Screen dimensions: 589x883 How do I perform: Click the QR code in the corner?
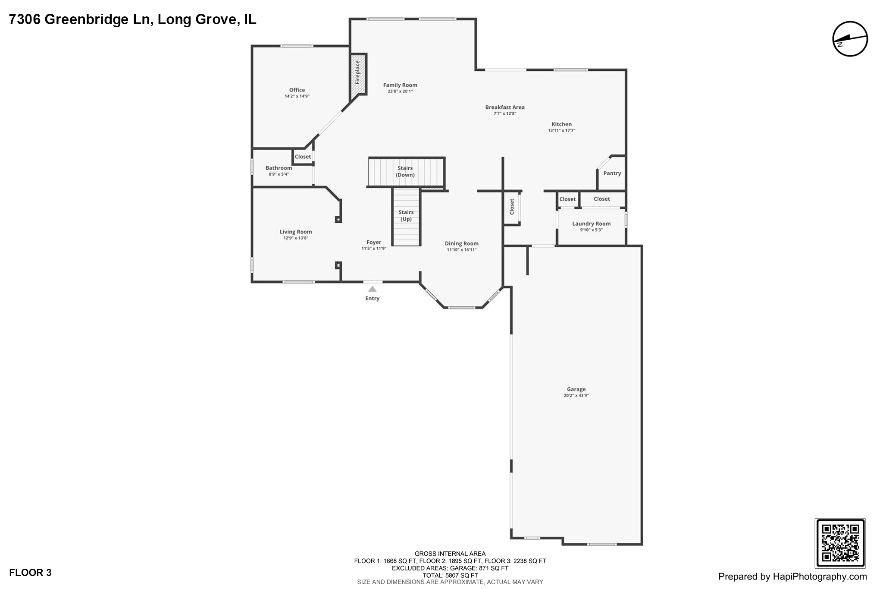(840, 543)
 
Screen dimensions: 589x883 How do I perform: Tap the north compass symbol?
(850, 39)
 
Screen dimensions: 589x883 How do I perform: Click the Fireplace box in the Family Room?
(358, 73)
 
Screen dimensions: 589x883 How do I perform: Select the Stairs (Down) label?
(405, 171)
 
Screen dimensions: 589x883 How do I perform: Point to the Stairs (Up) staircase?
(406, 217)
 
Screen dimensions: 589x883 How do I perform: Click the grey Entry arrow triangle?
(373, 289)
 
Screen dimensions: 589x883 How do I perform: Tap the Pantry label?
(612, 173)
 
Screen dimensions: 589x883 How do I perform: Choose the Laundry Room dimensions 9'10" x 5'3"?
(591, 230)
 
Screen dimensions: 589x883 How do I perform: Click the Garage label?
(576, 389)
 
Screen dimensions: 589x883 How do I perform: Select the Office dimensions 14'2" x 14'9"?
(297, 96)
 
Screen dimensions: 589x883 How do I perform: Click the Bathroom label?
(279, 168)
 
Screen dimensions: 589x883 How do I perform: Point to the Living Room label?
(296, 232)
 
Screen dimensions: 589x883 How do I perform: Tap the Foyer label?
(374, 243)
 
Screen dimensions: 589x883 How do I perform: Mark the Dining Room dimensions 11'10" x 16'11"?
(462, 250)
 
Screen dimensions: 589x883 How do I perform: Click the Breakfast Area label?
(505, 107)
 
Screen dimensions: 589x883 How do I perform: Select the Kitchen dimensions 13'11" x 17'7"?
(561, 130)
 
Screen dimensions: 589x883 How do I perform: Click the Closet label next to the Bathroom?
(303, 157)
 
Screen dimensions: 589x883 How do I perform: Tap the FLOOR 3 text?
(30, 573)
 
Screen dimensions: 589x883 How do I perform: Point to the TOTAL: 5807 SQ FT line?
(450, 575)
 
